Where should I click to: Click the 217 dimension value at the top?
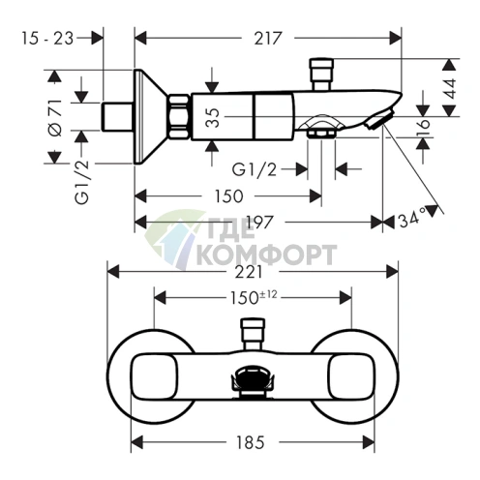tap(268, 39)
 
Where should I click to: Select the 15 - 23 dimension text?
tap(47, 39)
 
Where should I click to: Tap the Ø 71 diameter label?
tap(55, 117)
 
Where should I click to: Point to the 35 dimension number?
tap(213, 117)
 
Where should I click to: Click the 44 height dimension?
tap(450, 88)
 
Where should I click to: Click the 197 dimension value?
tap(260, 222)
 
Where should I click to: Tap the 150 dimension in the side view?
tap(228, 196)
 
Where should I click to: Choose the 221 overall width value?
tap(249, 272)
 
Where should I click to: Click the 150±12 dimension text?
tap(254, 297)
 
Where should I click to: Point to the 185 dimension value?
tap(251, 442)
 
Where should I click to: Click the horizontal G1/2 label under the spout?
tap(255, 169)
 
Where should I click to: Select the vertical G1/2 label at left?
tap(81, 183)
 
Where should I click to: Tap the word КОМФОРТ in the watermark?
tap(266, 255)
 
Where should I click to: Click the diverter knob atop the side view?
tap(321, 74)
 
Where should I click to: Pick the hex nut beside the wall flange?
tap(179, 116)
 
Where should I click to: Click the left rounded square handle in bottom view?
tap(154, 376)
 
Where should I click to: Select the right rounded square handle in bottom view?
tap(351, 376)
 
